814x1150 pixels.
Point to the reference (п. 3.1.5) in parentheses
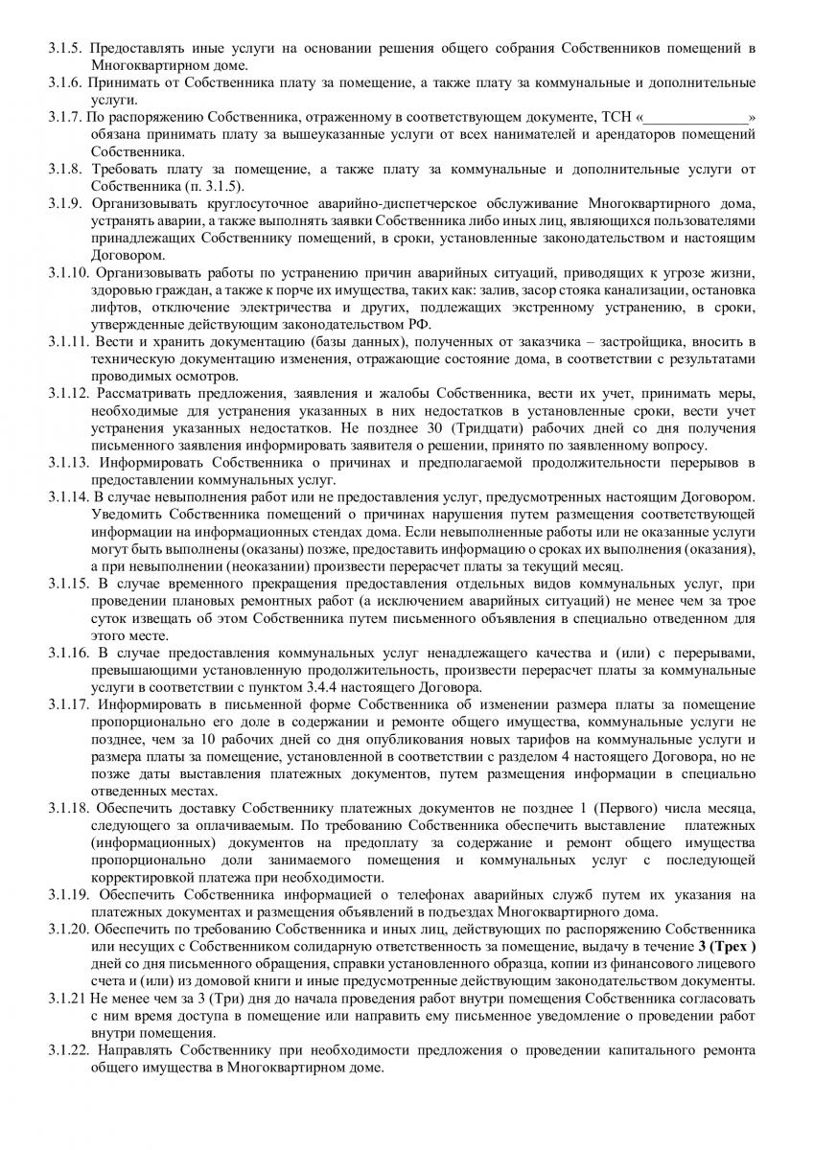click(x=212, y=185)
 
